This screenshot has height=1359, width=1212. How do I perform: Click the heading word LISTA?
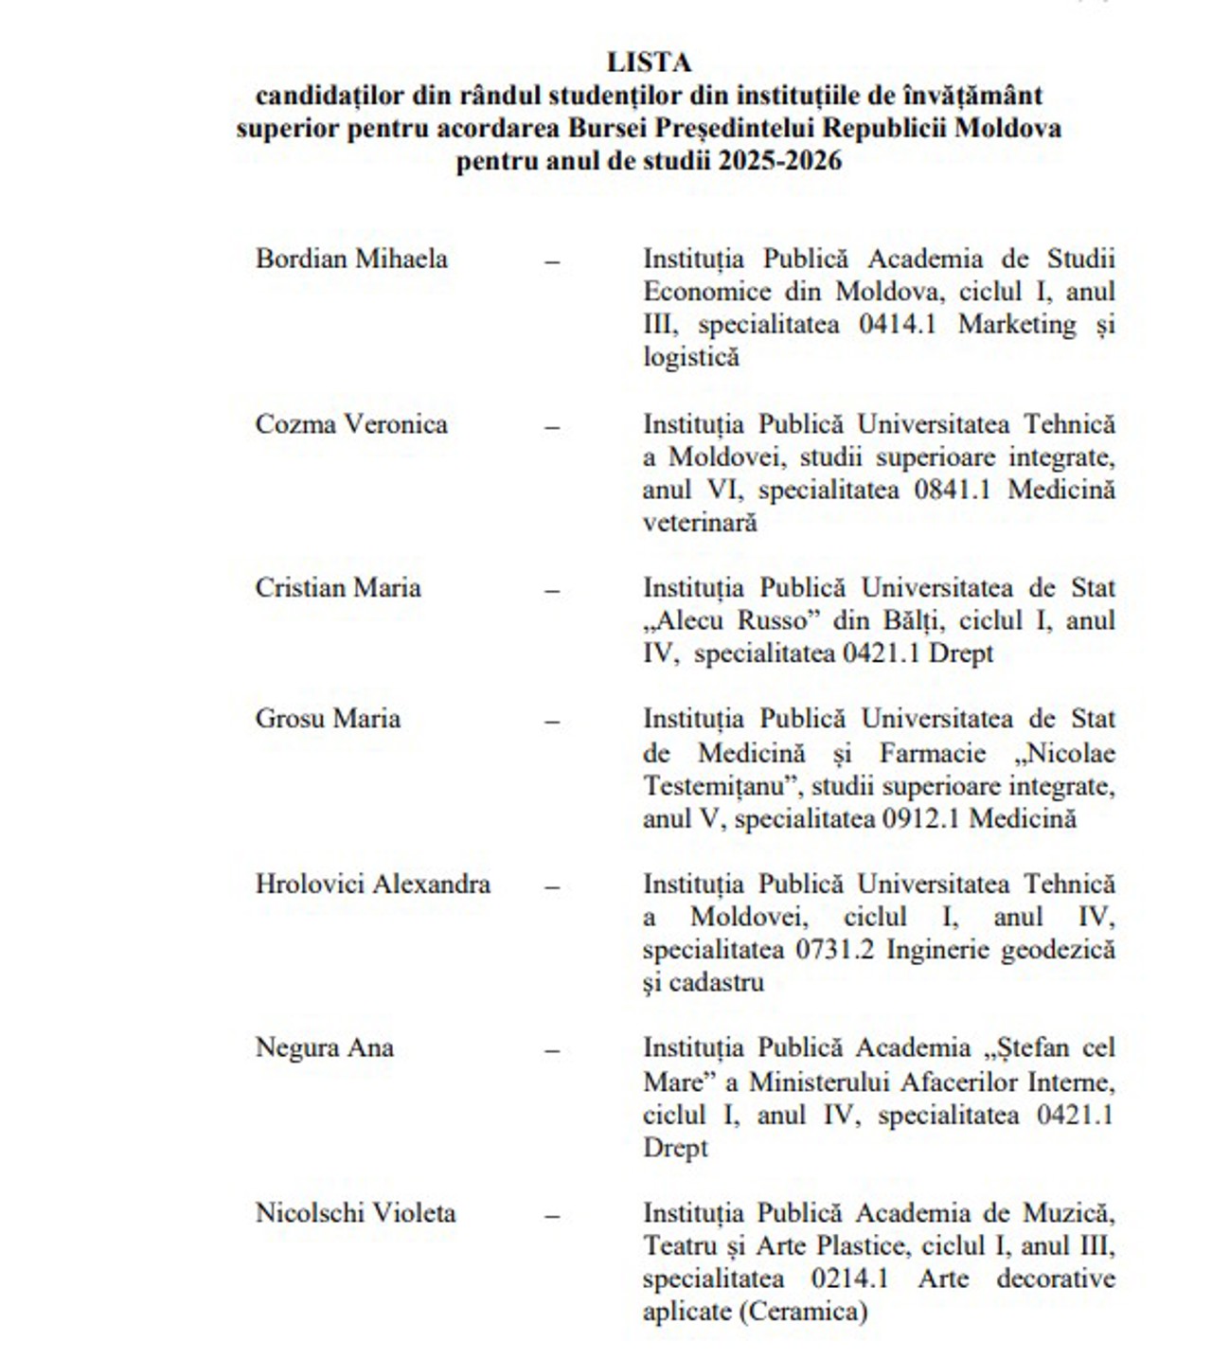tap(649, 63)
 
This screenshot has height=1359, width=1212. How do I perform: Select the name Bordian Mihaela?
tap(351, 259)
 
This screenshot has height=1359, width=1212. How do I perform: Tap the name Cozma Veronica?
tap(351, 423)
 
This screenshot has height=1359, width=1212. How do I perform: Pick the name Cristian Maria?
tap(338, 588)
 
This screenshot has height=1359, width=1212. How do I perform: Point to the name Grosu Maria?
tap(328, 719)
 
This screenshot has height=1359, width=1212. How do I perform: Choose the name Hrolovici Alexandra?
tap(373, 885)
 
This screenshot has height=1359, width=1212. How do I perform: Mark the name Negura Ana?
tap(325, 1048)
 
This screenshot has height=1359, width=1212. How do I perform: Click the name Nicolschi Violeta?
tap(356, 1213)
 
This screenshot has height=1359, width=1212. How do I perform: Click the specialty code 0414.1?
tap(898, 325)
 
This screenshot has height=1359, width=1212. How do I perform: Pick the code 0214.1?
tap(849, 1279)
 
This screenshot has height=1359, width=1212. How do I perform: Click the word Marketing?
tap(1017, 325)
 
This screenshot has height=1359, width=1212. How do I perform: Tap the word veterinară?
tap(700, 523)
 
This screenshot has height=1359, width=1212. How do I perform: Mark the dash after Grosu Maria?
tap(552, 721)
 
